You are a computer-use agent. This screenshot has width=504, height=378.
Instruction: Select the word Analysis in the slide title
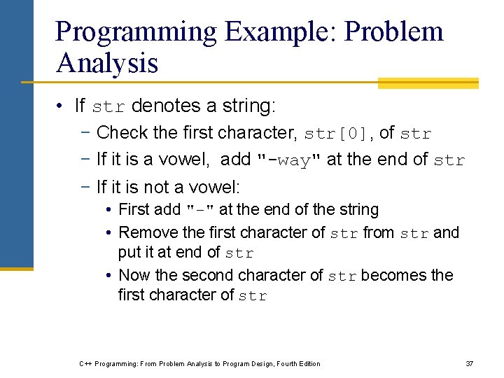tap(107, 63)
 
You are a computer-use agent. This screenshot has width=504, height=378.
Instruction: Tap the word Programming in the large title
tap(136, 32)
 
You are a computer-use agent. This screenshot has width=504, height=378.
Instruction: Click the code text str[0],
tap(339, 133)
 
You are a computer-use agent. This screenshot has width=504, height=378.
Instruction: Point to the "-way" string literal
tap(289, 160)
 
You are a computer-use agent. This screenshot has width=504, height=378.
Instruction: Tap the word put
tap(129, 252)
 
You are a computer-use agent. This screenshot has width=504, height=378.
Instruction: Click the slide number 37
tap(470, 363)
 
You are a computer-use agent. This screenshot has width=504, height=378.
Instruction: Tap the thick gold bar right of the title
tap(428, 83)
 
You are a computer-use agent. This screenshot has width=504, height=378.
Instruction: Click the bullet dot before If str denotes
tap(62, 106)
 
